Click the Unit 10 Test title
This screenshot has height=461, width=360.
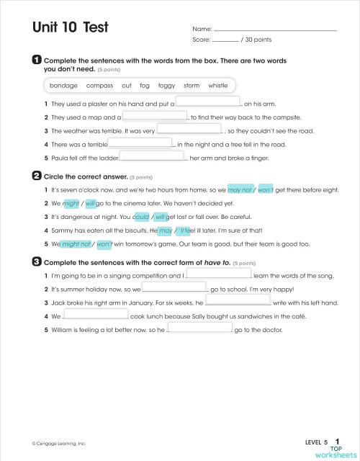pos(70,27)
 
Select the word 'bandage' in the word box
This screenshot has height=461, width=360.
pos(63,86)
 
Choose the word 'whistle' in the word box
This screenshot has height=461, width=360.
pos(217,86)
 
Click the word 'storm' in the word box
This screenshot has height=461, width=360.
pos(191,86)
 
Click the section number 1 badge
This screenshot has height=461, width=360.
pos(37,60)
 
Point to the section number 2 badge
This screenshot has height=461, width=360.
pos(37,175)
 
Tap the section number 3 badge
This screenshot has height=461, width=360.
pos(37,262)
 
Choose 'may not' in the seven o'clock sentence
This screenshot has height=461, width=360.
pos(239,189)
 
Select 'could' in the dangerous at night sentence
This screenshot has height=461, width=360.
pos(141,216)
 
